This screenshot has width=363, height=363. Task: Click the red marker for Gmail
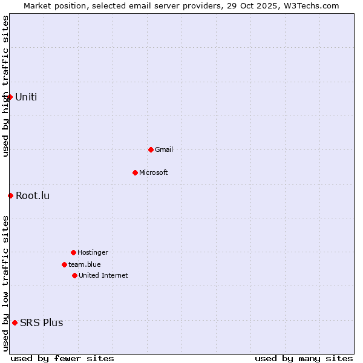[151, 149]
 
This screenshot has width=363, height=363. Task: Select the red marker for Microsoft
[135, 172]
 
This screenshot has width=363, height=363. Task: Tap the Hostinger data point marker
[73, 252]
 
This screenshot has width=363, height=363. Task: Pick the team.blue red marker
[64, 264]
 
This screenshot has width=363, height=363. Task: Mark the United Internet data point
[74, 275]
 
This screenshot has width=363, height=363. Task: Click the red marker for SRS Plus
[15, 322]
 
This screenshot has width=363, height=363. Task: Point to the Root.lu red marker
[10, 195]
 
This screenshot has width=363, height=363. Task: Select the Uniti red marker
[10, 97]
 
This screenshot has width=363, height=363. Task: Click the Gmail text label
[164, 149]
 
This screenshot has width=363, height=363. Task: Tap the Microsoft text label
[154, 172]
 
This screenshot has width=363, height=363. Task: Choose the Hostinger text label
[93, 252]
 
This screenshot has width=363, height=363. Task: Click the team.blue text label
[85, 264]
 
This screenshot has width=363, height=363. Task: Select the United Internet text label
[103, 275]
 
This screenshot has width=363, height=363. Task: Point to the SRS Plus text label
[42, 322]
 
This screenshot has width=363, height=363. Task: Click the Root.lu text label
[33, 195]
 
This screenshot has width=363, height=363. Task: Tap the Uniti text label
[26, 97]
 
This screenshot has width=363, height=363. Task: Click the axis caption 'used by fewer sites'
[62, 358]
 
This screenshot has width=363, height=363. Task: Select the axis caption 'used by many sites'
[304, 358]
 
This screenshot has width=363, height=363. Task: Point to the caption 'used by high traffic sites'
[5, 86]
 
